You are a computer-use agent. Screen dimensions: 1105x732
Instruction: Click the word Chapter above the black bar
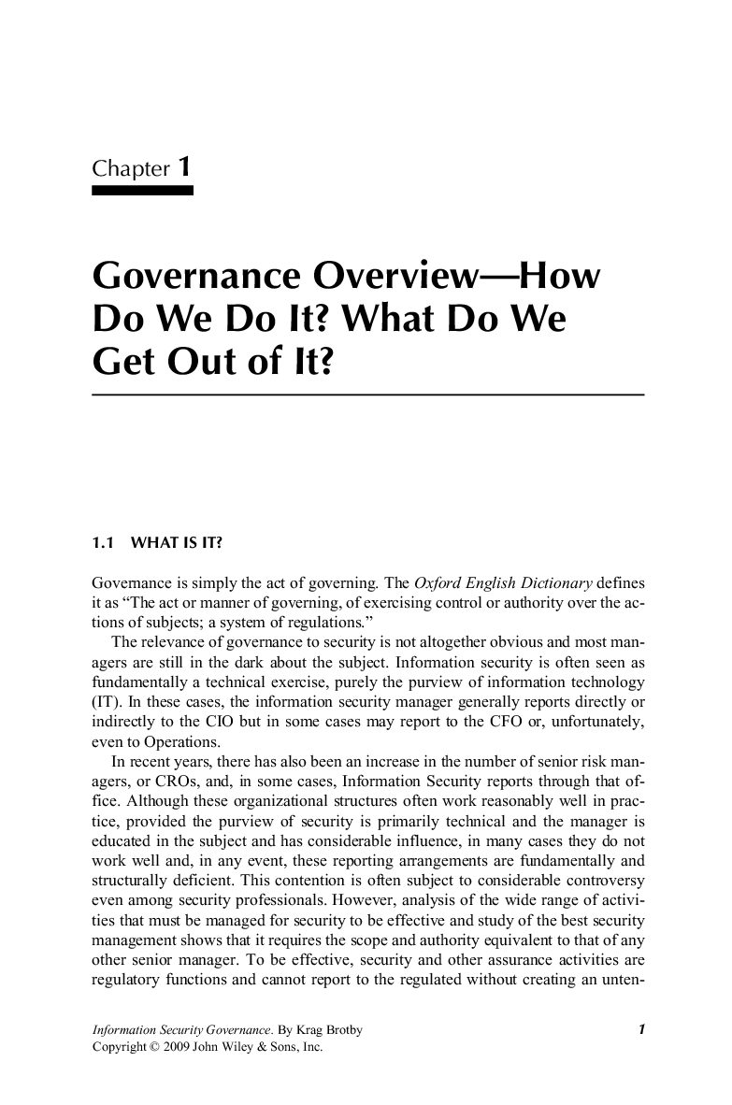pos(131,169)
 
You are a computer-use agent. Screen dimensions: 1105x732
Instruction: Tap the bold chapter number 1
pos(185,167)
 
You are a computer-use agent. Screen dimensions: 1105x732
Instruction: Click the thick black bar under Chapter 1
pos(142,190)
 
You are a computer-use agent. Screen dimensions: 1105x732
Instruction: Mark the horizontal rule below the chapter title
pos(367,395)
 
